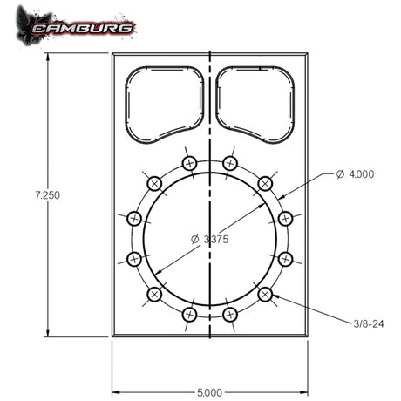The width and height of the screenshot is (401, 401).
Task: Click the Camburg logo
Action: click(76, 27)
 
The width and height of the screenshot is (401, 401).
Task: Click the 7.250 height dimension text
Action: click(47, 195)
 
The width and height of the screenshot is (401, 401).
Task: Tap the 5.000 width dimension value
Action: click(209, 393)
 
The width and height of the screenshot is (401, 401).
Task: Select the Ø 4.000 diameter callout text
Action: click(355, 174)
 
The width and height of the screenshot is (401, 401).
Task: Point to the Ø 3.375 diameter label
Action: click(209, 239)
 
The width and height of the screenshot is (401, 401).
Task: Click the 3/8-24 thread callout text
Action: click(369, 323)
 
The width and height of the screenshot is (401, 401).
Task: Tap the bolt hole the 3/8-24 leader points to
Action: click(265, 295)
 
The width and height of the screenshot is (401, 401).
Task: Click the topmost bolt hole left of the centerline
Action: click(189, 164)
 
